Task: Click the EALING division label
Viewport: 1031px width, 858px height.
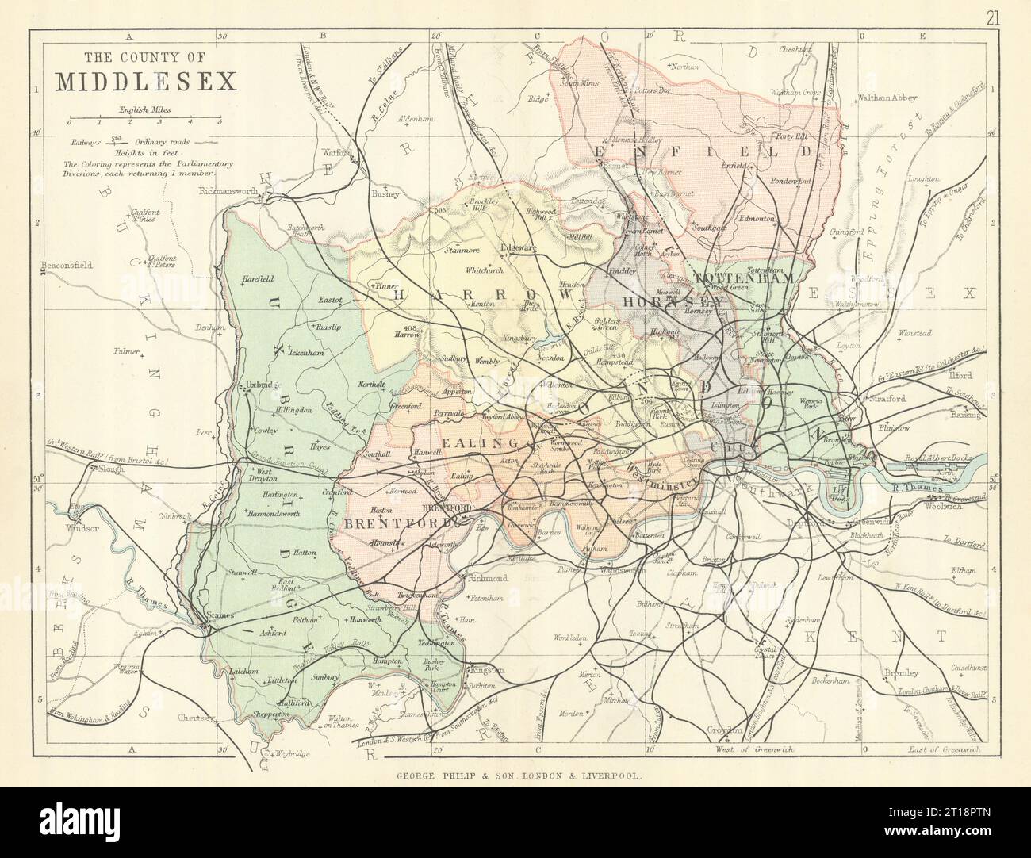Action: coord(469,442)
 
